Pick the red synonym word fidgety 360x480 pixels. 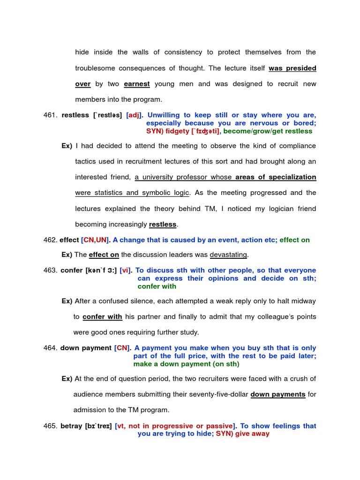tap(176, 131)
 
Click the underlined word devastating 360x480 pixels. tap(229, 255)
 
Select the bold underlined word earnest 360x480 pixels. tap(137, 84)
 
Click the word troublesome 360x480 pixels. tap(97, 68)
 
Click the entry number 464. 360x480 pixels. tap(49, 348)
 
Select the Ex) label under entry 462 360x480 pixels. tap(67, 255)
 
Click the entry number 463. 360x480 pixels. tap(50, 270)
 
